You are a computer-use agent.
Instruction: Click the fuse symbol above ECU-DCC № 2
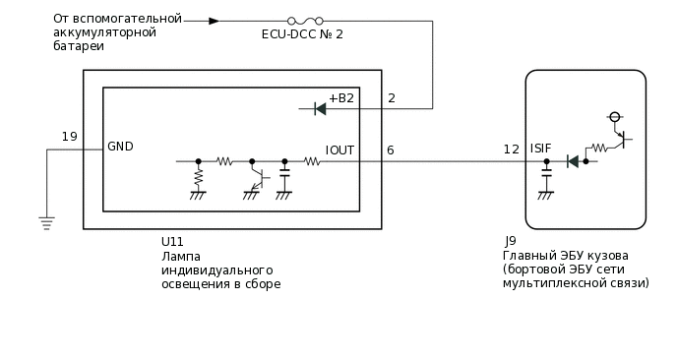[x=302, y=20]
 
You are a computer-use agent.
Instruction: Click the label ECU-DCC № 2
[x=302, y=35]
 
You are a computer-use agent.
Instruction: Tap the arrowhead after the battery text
[x=214, y=20]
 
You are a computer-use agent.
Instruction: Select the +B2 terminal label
[x=340, y=98]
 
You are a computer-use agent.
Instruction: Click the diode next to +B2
[x=319, y=108]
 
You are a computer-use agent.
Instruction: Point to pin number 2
[x=392, y=98]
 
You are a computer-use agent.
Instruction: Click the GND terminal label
[x=121, y=147]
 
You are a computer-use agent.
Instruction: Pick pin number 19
[x=69, y=137]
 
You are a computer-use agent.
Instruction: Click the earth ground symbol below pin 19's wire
[x=46, y=222]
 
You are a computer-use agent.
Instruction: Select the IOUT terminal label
[x=339, y=150]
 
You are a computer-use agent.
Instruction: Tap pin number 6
[x=391, y=150]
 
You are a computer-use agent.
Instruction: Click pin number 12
[x=511, y=150]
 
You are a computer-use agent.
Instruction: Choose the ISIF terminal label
[x=540, y=148]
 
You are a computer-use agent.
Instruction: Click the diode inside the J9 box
[x=573, y=161]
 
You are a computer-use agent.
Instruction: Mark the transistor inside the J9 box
[x=619, y=141]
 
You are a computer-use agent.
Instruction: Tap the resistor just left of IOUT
[x=311, y=161]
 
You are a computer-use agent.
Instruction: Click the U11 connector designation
[x=171, y=242]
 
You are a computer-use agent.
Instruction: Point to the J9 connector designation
[x=510, y=242]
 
